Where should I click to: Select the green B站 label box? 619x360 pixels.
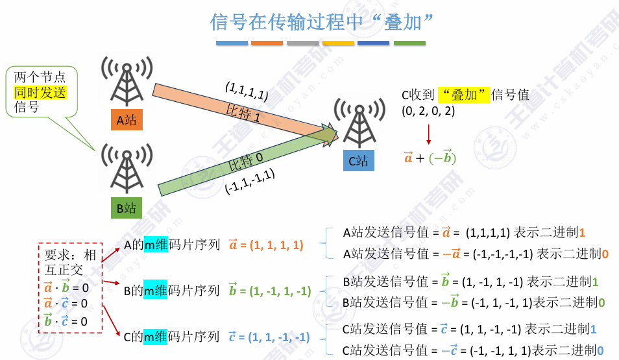(127, 208)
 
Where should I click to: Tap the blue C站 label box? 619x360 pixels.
(358, 160)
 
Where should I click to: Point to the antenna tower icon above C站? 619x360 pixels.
(359, 124)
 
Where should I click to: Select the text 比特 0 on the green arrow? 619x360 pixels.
(246, 163)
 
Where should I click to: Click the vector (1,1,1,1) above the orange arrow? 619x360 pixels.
(247, 90)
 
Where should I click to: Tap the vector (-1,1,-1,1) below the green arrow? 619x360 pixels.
(249, 182)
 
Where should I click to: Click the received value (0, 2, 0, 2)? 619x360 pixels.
(428, 111)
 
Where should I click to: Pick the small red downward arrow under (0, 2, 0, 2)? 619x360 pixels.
(428, 134)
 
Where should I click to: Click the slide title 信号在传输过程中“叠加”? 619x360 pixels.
(322, 22)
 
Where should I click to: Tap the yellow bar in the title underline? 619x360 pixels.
(338, 43)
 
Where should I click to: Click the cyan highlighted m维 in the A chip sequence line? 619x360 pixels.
(156, 245)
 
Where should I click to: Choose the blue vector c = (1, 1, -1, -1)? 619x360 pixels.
(269, 337)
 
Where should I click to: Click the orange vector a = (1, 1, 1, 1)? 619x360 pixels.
(266, 245)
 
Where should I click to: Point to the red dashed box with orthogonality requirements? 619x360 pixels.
(70, 287)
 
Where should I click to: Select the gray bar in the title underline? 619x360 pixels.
(302, 43)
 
